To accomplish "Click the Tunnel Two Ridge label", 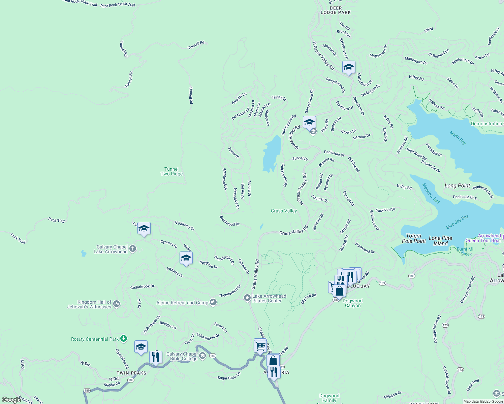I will [171, 172].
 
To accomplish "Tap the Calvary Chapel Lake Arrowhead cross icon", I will [133, 249].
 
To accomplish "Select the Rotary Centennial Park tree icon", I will [124, 338].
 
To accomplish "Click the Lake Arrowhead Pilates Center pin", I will [247, 298].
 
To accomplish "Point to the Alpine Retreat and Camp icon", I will [213, 302].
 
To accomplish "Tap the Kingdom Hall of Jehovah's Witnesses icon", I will [117, 304].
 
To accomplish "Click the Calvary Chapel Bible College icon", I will [202, 356].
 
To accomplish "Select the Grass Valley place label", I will [284, 211].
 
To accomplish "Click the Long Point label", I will [457, 186].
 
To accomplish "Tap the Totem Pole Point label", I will [414, 238].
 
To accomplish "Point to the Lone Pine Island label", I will [440, 241].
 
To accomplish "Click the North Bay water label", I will [458, 138].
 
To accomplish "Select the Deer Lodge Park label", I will [336, 10].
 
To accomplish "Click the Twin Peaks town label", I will [131, 373].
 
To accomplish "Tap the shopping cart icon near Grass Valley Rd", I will [260, 346].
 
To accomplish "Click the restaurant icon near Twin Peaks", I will [156, 357].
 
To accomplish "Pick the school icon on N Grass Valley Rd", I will [349, 67].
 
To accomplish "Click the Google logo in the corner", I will [11, 400].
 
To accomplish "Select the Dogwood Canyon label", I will [353, 303].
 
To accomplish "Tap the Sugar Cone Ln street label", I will [229, 376].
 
